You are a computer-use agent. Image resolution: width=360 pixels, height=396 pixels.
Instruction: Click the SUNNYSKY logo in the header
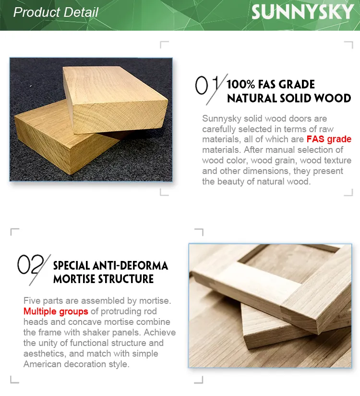pos(302,12)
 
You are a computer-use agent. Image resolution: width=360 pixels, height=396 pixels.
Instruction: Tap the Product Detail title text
pos(56,12)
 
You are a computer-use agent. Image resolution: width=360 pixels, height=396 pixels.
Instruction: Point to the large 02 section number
pos(30,265)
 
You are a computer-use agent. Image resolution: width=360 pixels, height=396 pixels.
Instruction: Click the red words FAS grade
pos(329,139)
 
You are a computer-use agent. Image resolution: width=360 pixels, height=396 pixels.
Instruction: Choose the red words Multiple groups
pos(56,311)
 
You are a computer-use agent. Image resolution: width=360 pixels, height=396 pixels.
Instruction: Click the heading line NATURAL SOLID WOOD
pos(288,99)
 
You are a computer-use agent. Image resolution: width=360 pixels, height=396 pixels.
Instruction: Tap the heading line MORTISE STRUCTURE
pos(103,279)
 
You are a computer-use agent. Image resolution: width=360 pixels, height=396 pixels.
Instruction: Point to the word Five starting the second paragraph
pos(32,301)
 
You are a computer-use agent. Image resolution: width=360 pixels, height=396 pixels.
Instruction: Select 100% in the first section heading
pos(240,85)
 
